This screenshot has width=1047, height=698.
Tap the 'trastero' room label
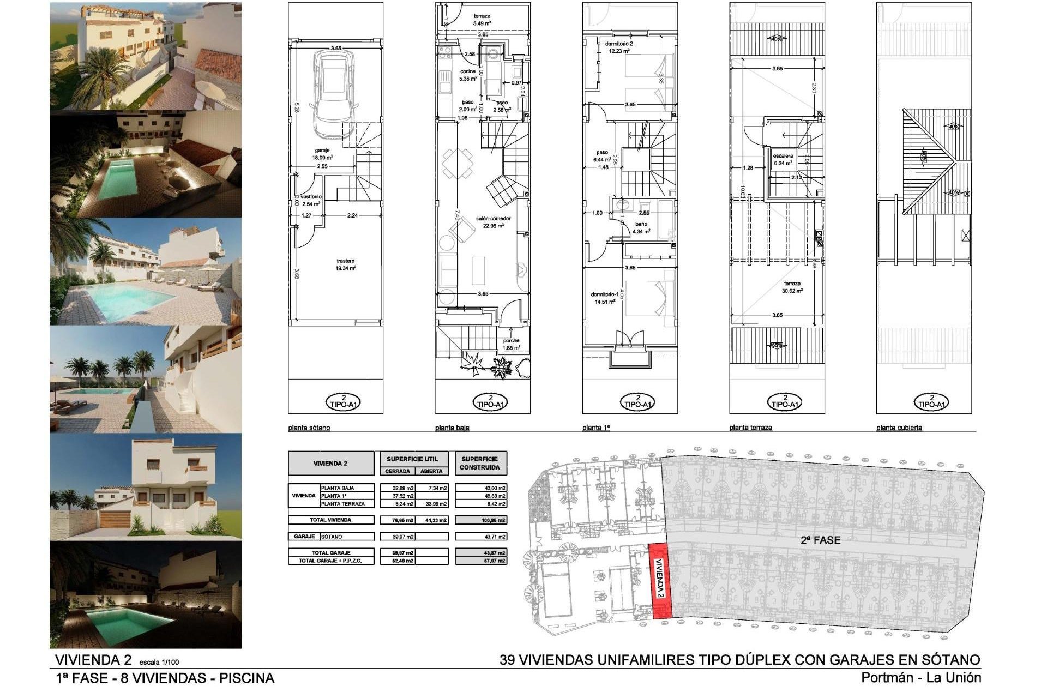pos(346,261)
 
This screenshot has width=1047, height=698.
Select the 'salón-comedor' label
pos(493,219)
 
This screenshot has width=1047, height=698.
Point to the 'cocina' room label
pos(467,71)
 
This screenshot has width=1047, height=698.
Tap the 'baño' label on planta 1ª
pos(641,224)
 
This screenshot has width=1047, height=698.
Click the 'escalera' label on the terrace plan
pos(783,156)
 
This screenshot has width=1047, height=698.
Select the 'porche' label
pos(512,341)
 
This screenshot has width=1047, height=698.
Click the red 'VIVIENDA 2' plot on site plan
pos(660,580)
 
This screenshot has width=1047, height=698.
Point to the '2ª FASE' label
pos(820,540)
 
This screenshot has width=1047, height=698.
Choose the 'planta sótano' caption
pos(309,428)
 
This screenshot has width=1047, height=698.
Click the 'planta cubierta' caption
pos(899,428)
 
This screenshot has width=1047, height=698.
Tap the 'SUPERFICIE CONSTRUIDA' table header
pos(480,464)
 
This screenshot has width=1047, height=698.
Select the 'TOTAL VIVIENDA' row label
pos(331,520)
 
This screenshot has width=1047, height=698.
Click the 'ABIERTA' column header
pos(431,471)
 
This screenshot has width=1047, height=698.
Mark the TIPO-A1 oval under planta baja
pos(491,402)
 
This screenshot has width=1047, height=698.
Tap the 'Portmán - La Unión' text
pos(921,678)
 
